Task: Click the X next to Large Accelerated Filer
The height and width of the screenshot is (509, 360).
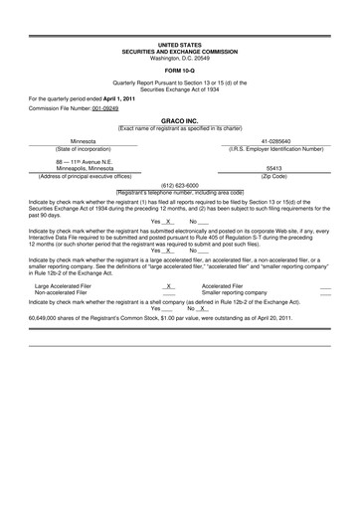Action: pyautogui.click(x=169, y=285)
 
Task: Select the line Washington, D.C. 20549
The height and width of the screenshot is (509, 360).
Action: pyautogui.click(x=179, y=57)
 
